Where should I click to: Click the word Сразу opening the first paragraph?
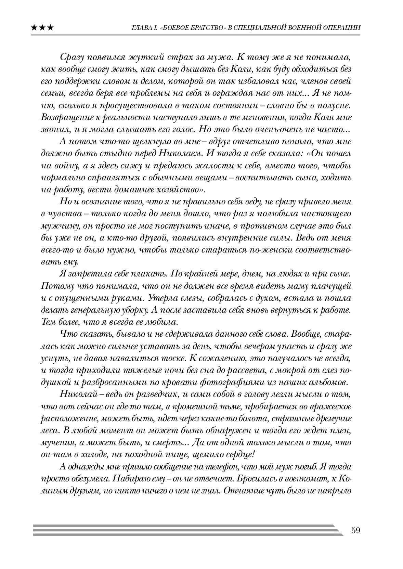(x=71, y=57)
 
